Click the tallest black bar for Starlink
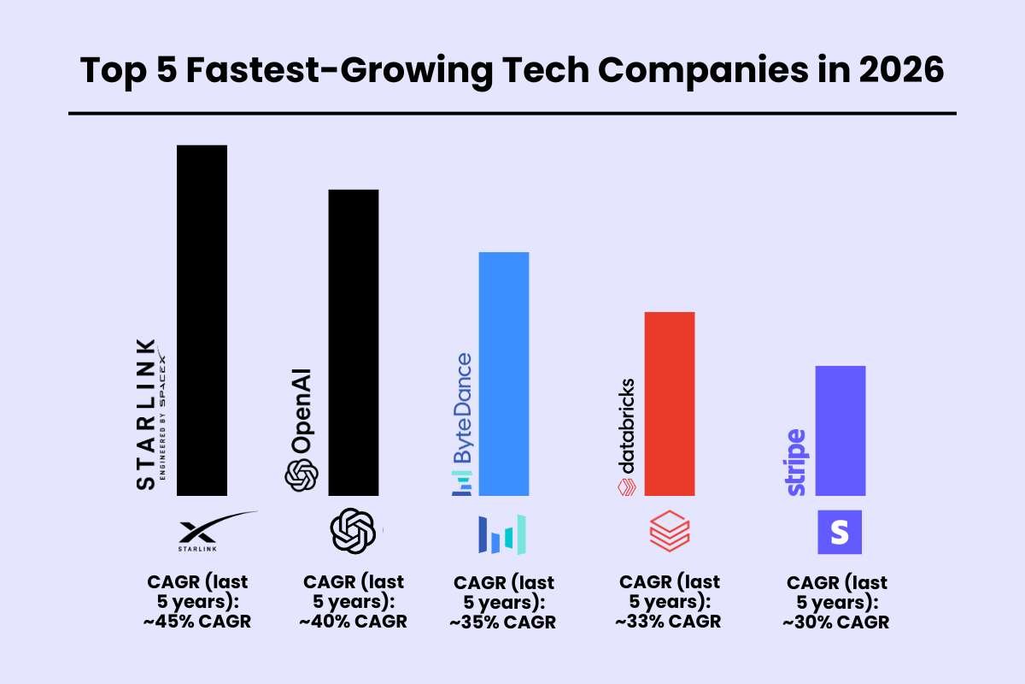pos(202,321)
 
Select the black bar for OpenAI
pos(353,342)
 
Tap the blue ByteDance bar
pos(504,374)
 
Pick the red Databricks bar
pos(670,404)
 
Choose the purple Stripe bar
pos(840,430)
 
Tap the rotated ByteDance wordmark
pos(462,409)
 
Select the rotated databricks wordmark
pos(626,425)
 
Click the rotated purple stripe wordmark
pos(796,462)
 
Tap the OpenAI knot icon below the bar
pos(353,531)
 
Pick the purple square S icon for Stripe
pos(840,533)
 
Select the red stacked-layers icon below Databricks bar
pos(670,533)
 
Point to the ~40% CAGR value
pos(353,622)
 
